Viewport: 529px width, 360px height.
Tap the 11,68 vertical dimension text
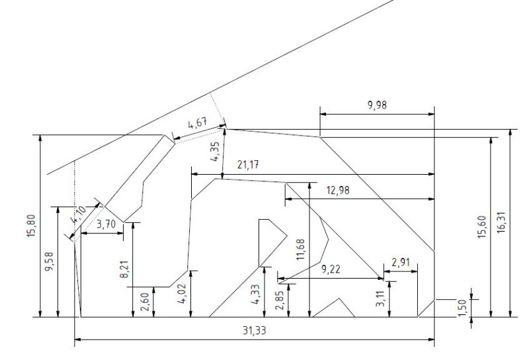click(301, 251)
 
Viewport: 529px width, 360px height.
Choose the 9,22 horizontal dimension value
click(331, 269)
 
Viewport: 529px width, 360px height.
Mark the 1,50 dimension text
click(462, 307)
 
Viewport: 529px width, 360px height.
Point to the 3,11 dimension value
click(380, 299)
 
